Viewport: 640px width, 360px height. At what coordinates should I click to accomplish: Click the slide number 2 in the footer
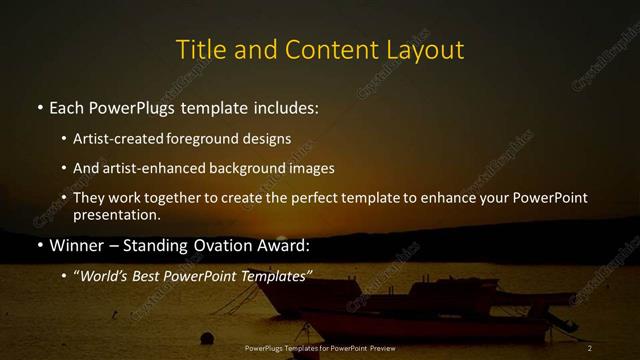pyautogui.click(x=590, y=347)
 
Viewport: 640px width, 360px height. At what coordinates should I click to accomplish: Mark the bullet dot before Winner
pyautogui.click(x=39, y=245)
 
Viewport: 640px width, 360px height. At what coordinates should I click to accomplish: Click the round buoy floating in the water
pyautogui.click(x=207, y=338)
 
